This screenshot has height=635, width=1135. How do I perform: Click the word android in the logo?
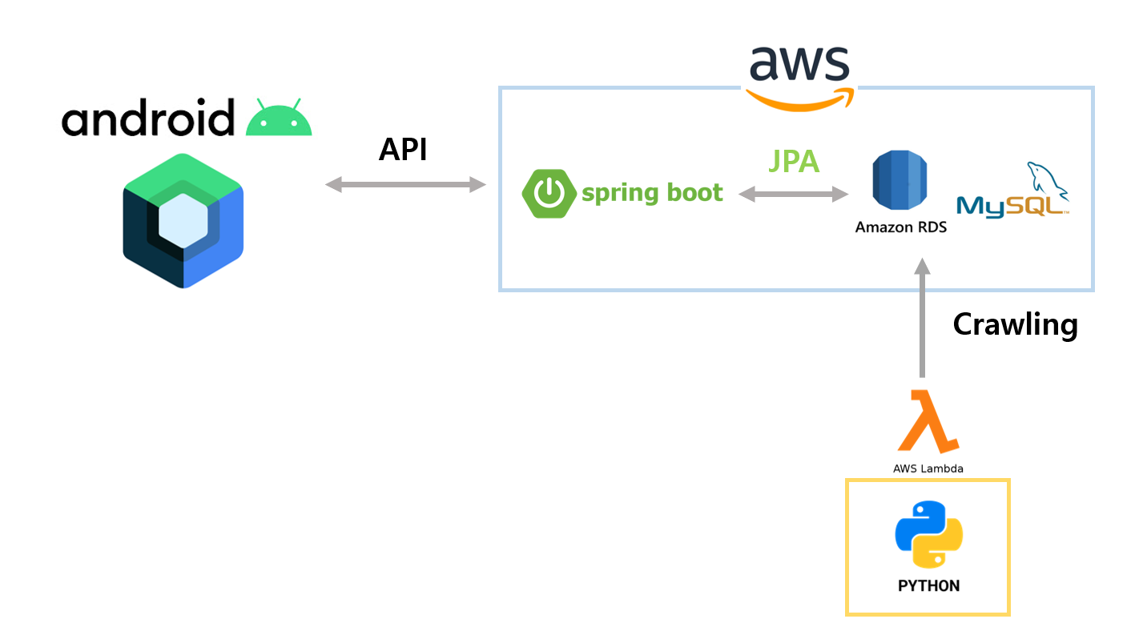[x=148, y=119]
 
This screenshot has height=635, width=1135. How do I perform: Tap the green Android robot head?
[x=279, y=119]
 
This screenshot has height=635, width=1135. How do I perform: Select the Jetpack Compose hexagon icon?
[x=183, y=220]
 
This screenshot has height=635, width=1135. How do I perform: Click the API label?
[x=403, y=150]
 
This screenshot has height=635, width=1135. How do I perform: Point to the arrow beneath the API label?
[x=405, y=185]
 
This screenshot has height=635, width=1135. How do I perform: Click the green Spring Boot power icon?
[x=549, y=194]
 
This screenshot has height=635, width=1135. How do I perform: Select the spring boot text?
[x=652, y=193]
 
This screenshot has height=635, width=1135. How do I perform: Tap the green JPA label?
[x=794, y=161]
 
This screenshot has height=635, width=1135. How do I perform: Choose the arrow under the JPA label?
[x=793, y=194]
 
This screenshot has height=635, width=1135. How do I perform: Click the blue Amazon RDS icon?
[x=901, y=181]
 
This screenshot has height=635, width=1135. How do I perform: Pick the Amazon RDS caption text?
[x=900, y=227]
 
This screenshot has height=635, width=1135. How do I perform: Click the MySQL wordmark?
[x=1011, y=206]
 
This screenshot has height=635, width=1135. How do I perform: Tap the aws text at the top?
[x=799, y=65]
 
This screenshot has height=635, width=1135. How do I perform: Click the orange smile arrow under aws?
[x=799, y=99]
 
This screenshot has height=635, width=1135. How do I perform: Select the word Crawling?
[x=1015, y=324]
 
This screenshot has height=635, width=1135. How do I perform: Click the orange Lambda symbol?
[x=928, y=421]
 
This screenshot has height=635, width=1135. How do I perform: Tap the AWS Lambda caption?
[x=928, y=468]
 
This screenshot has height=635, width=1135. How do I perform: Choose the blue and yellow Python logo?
[x=928, y=535]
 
